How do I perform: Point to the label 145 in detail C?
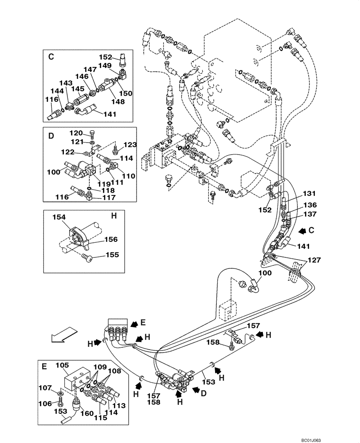[x=78, y=89]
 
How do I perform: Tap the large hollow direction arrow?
[x=62, y=334]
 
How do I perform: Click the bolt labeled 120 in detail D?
[x=91, y=134]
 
